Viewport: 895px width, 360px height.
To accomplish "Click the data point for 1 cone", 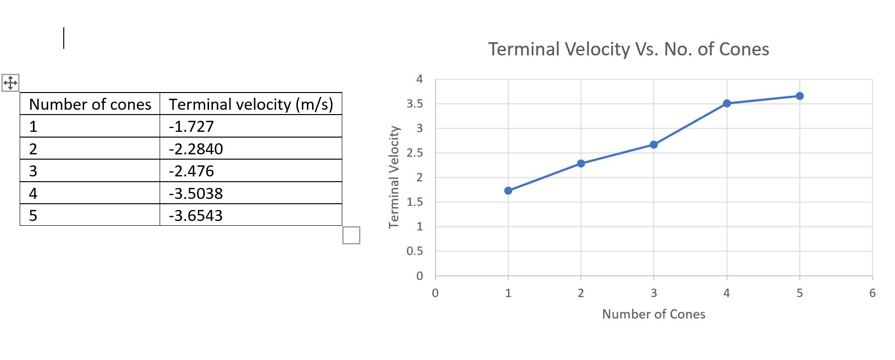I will pos(508,191).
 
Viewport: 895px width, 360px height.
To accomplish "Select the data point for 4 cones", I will pos(727,104).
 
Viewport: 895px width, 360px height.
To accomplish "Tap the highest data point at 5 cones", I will pos(800,96).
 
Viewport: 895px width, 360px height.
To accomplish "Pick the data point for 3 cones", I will pos(654,145).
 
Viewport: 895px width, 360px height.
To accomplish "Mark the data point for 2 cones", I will pos(581,163).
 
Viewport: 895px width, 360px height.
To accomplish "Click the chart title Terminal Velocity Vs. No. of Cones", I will pos(628,49).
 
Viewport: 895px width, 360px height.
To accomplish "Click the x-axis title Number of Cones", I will pos(653,314).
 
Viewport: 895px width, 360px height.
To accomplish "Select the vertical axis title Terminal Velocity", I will pos(394,177).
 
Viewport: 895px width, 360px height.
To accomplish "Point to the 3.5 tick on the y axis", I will pos(415,104).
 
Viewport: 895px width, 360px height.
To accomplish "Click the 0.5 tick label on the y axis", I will pos(415,251).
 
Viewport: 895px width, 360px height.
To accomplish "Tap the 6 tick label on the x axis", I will pos(872,293).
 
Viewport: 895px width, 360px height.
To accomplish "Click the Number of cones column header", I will pos(90,105).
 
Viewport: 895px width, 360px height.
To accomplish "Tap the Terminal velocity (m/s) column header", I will pos(251,105).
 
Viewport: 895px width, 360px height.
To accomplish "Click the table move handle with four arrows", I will pos(10,83).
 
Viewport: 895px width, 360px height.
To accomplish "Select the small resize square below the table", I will pos(351,235).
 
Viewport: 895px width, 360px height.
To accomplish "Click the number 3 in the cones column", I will pos(33,171).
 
